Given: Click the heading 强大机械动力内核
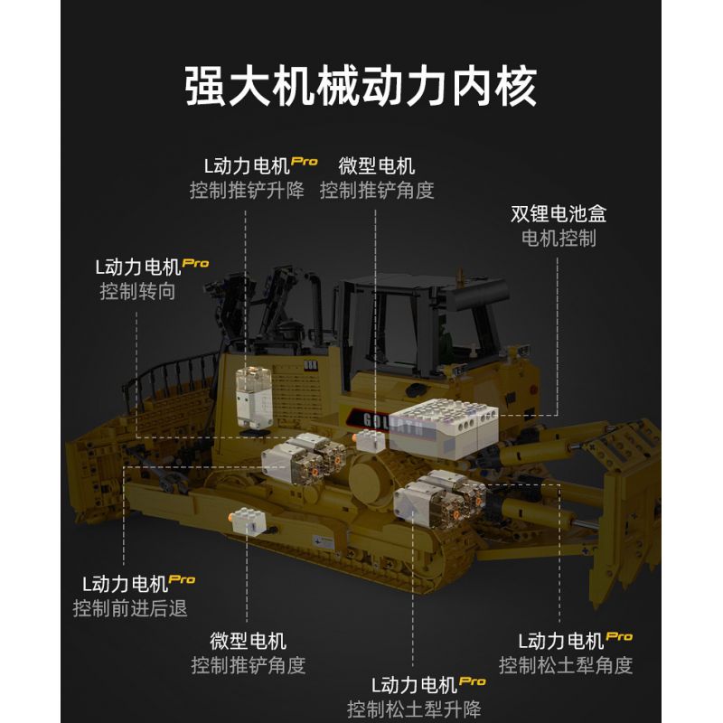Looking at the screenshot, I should click(361, 87).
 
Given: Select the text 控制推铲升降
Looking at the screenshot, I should click(247, 191).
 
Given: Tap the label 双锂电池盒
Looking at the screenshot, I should click(559, 214).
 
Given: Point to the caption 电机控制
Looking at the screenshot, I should click(559, 239).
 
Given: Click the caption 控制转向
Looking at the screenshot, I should click(137, 291).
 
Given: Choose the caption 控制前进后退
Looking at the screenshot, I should click(130, 607).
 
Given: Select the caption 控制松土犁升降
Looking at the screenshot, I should click(414, 709).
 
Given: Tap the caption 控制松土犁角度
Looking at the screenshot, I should click(566, 665).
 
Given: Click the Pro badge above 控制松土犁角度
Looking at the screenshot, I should click(619, 636).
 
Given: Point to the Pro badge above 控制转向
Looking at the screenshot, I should click(195, 263).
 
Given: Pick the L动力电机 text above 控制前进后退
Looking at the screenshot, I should click(125, 584).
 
